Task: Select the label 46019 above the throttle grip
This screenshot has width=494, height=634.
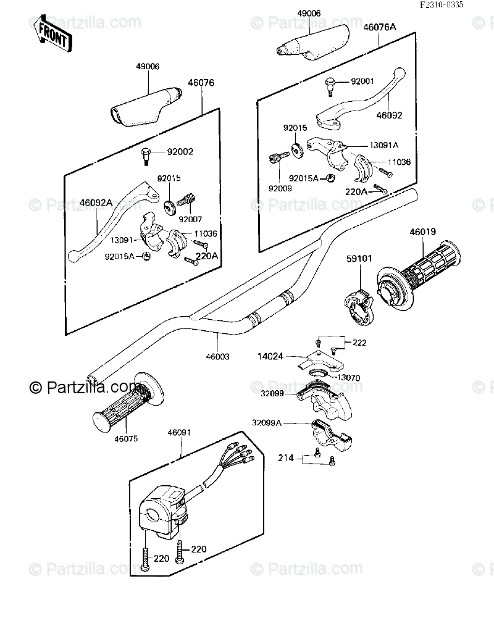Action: pyautogui.click(x=423, y=233)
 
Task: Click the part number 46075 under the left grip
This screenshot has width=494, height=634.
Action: pyautogui.click(x=126, y=439)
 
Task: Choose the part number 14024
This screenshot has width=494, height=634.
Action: pyautogui.click(x=271, y=356)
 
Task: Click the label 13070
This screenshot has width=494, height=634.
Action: pyautogui.click(x=348, y=377)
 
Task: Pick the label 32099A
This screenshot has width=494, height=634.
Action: pyautogui.click(x=266, y=423)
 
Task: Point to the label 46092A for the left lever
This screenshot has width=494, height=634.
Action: pyautogui.click(x=96, y=201)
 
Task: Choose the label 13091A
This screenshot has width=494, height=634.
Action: pyautogui.click(x=383, y=145)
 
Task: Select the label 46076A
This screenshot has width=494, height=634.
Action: pyautogui.click(x=380, y=27)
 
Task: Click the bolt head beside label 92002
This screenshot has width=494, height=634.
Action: pyautogui.click(x=145, y=151)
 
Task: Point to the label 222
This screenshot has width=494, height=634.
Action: pyautogui.click(x=360, y=341)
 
